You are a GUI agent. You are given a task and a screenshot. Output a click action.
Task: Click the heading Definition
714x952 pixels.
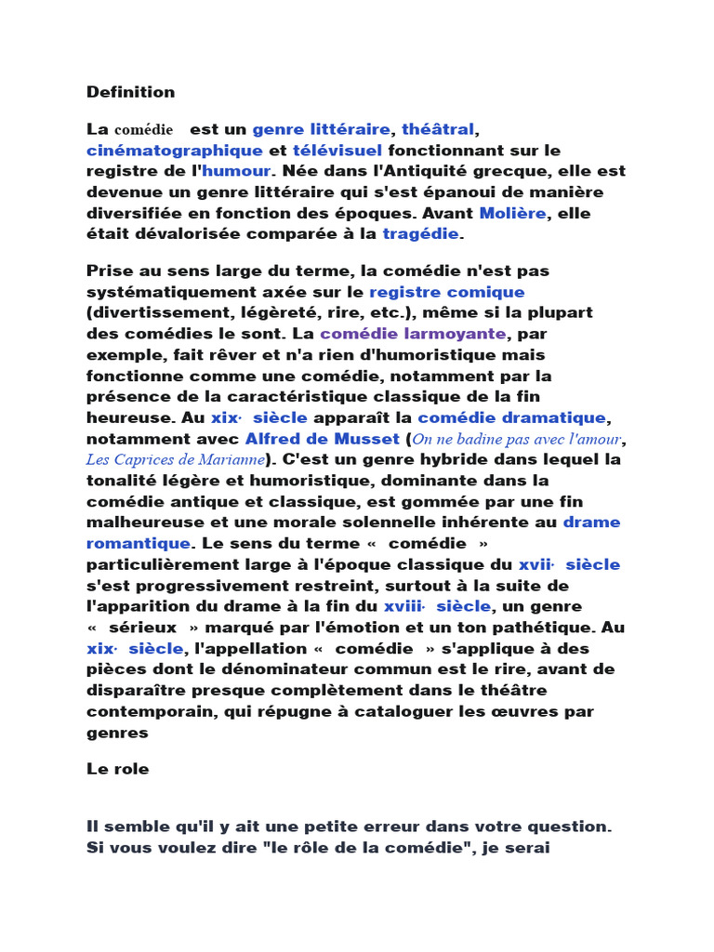click(x=130, y=92)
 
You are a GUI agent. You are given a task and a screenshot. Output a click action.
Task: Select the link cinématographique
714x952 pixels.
click(x=175, y=151)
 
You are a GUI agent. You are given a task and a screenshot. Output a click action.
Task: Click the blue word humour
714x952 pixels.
click(x=236, y=171)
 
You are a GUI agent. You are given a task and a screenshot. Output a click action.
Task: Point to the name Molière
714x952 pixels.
click(x=512, y=214)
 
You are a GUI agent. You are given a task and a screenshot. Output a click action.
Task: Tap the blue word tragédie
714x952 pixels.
click(x=421, y=234)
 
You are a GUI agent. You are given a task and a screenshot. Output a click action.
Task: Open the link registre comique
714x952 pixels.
click(x=447, y=292)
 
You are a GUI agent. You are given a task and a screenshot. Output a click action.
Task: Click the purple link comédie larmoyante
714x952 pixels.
click(x=413, y=334)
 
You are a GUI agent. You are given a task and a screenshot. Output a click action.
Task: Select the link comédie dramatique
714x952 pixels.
click(x=511, y=417)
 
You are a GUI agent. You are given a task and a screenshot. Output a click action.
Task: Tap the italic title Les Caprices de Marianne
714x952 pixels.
click(x=176, y=459)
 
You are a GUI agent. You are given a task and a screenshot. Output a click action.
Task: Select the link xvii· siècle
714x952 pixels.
click(x=569, y=564)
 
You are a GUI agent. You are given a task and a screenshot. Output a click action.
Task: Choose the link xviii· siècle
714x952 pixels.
click(x=437, y=606)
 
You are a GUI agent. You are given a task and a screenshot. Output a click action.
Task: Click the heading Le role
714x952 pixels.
click(x=117, y=770)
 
